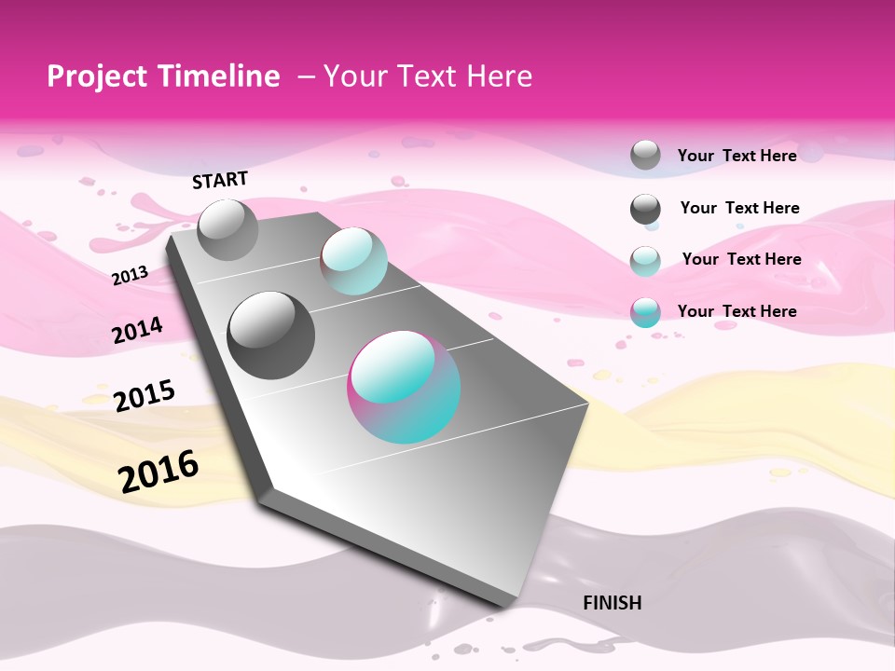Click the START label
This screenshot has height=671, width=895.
220,180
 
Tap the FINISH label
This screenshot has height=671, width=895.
612,603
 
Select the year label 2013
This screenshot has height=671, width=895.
130,276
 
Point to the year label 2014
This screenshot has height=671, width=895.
137,331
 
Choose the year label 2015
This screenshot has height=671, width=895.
145,395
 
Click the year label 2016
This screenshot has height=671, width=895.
158,472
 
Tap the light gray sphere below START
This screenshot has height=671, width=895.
228,229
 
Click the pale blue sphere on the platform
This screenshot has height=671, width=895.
353,260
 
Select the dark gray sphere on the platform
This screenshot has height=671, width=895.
271,335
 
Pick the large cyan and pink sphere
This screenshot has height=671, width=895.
404,387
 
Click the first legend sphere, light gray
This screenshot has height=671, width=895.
645,155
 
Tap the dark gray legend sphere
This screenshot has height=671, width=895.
645,209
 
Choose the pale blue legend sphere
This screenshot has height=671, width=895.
645,260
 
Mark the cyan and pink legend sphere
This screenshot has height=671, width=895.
645,312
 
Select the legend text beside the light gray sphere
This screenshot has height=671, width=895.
737,156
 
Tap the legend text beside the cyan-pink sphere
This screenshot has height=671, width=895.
737,311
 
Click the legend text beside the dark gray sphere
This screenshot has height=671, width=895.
739,208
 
